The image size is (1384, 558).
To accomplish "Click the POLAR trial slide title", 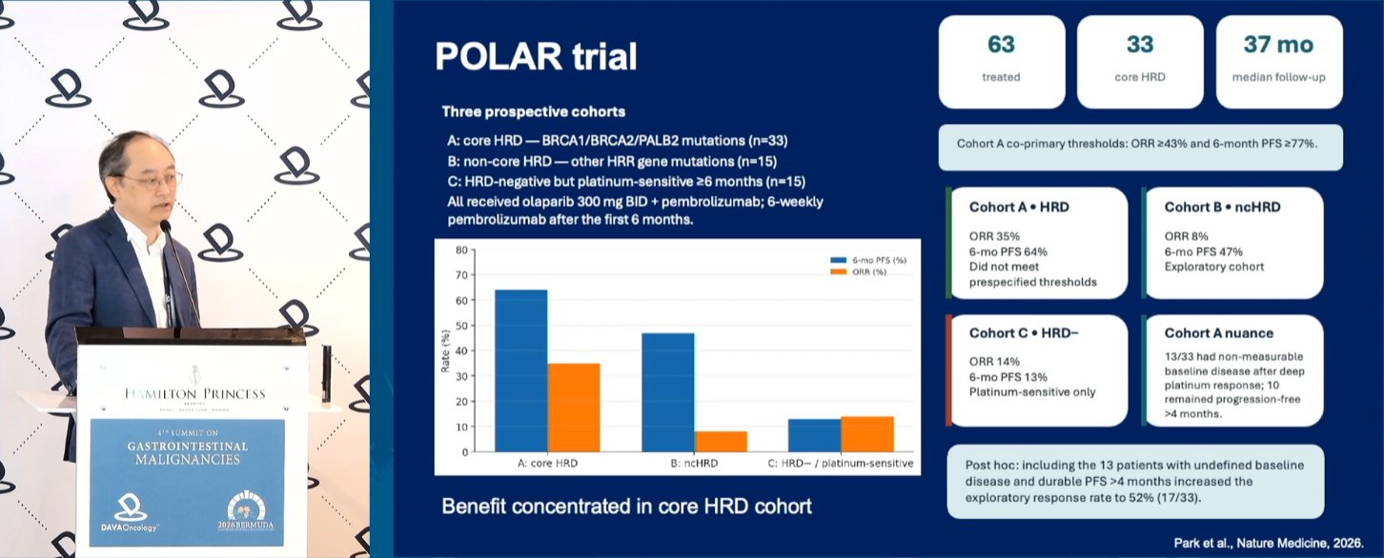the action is coord(536,56).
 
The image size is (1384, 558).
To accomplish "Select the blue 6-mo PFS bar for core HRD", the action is coord(520,370).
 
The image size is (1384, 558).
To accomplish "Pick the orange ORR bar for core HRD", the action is coord(574,408).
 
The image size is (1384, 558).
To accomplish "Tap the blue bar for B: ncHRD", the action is coord(668,392).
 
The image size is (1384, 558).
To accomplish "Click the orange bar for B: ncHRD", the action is coord(721,441).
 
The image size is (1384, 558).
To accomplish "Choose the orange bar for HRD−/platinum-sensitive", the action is coord(866,434).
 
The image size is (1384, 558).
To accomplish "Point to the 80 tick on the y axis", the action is coord(461,250).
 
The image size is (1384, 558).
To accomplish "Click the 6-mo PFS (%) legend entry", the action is coord(868,261).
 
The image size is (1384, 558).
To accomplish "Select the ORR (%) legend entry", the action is coord(858,271).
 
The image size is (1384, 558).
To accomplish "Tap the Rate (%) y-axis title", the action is coord(445,350).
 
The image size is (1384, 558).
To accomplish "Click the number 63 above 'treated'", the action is coord(1001,45).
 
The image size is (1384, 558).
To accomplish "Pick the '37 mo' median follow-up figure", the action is coord(1278,45).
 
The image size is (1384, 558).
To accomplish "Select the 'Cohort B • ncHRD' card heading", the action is coord(1222,207).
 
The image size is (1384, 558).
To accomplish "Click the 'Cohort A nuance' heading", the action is coord(1218,333).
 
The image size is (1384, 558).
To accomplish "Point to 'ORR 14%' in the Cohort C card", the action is coord(994,362).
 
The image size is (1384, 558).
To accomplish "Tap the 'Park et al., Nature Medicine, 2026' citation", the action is coord(1269,543).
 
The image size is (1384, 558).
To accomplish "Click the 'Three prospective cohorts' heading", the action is coord(533,111).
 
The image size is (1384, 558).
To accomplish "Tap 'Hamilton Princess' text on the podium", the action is coord(195,394).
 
